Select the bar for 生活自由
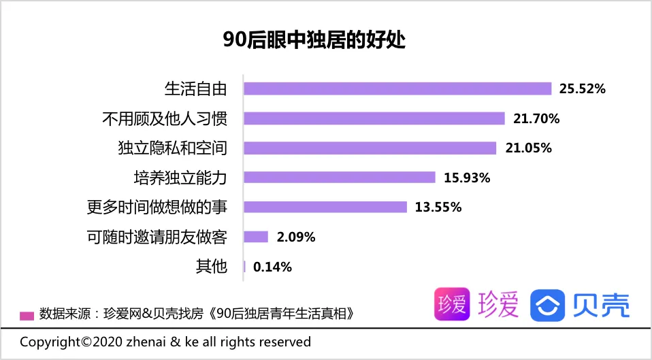pyautogui.click(x=397, y=88)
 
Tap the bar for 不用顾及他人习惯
pyautogui.click(x=374, y=118)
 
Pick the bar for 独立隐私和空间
pyautogui.click(x=370, y=148)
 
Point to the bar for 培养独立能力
pyautogui.click(x=339, y=178)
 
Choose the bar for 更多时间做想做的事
pyautogui.click(x=325, y=207)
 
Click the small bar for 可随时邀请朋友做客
pyautogui.click(x=255, y=237)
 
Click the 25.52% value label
pyautogui.click(x=582, y=88)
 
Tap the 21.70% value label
pyautogui.click(x=536, y=118)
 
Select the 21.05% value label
pyautogui.click(x=528, y=148)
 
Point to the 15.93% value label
pyautogui.click(x=467, y=178)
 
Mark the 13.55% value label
pyautogui.click(x=438, y=207)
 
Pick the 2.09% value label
pyautogui.click(x=296, y=237)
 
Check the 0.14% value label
pyautogui.click(x=272, y=267)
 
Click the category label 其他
pyautogui.click(x=211, y=267)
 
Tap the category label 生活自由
pyautogui.click(x=195, y=88)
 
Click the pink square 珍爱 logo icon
pyautogui.click(x=452, y=304)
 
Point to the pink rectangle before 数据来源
pyautogui.click(x=27, y=315)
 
